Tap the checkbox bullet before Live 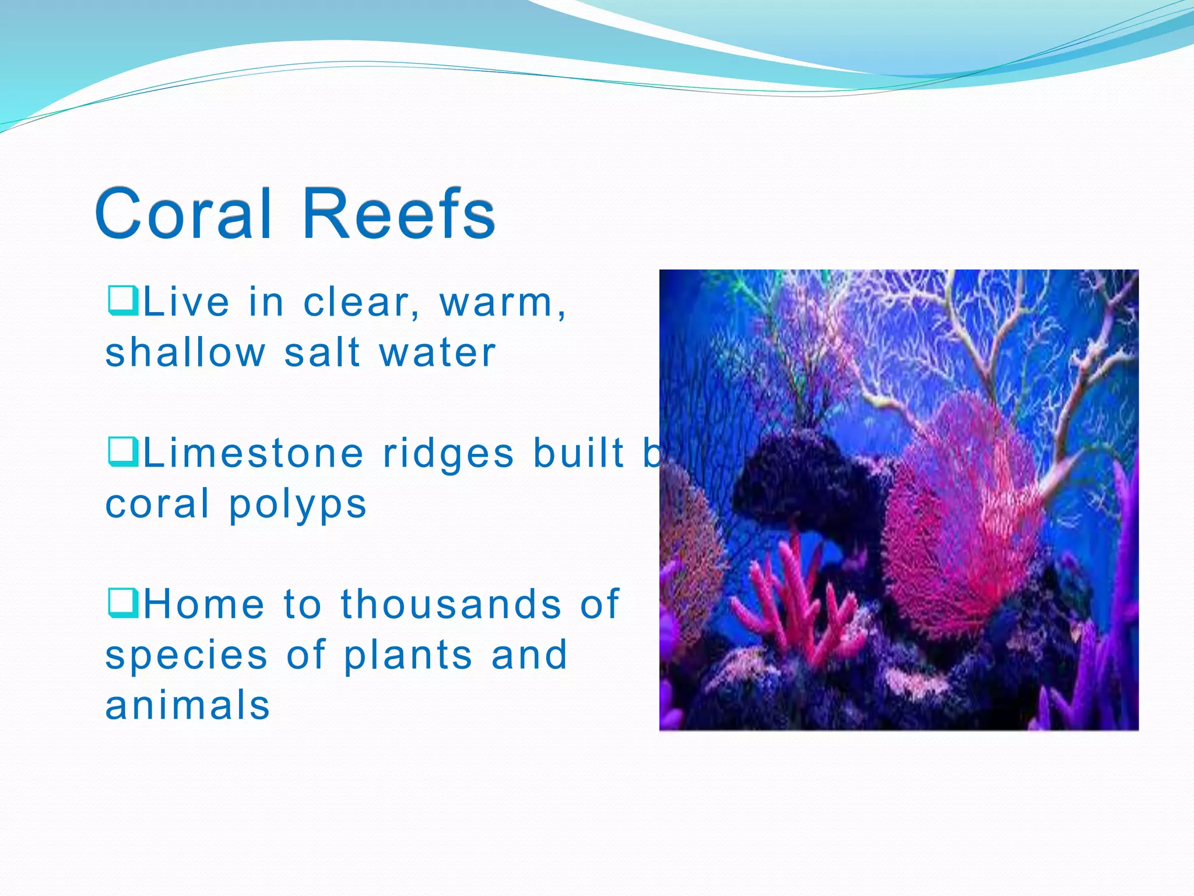[x=123, y=300]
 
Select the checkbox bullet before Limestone [x=123, y=452]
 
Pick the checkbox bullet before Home [x=123, y=603]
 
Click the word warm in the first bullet [x=496, y=303]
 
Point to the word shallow [x=185, y=353]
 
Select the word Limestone [x=254, y=454]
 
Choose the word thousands [x=451, y=604]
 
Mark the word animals [x=187, y=705]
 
